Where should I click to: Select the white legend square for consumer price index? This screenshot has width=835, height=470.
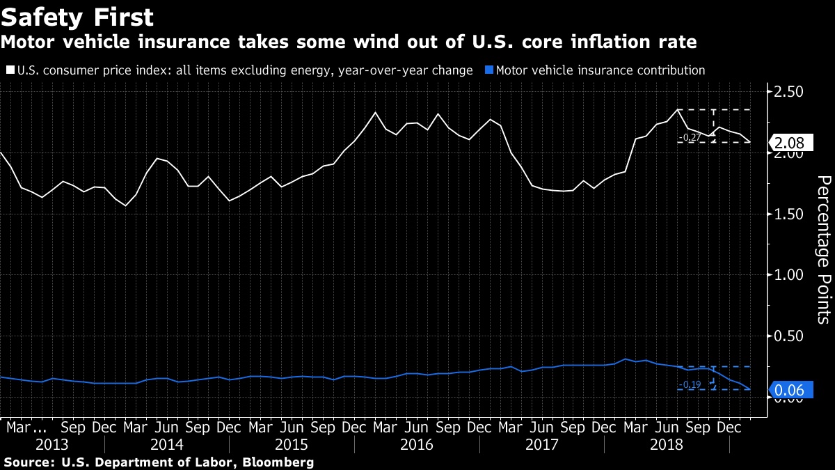pyautogui.click(x=10, y=70)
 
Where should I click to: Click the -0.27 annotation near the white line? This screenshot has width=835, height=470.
pyautogui.click(x=690, y=138)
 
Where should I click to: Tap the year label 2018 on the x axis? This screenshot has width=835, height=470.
pyautogui.click(x=666, y=444)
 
